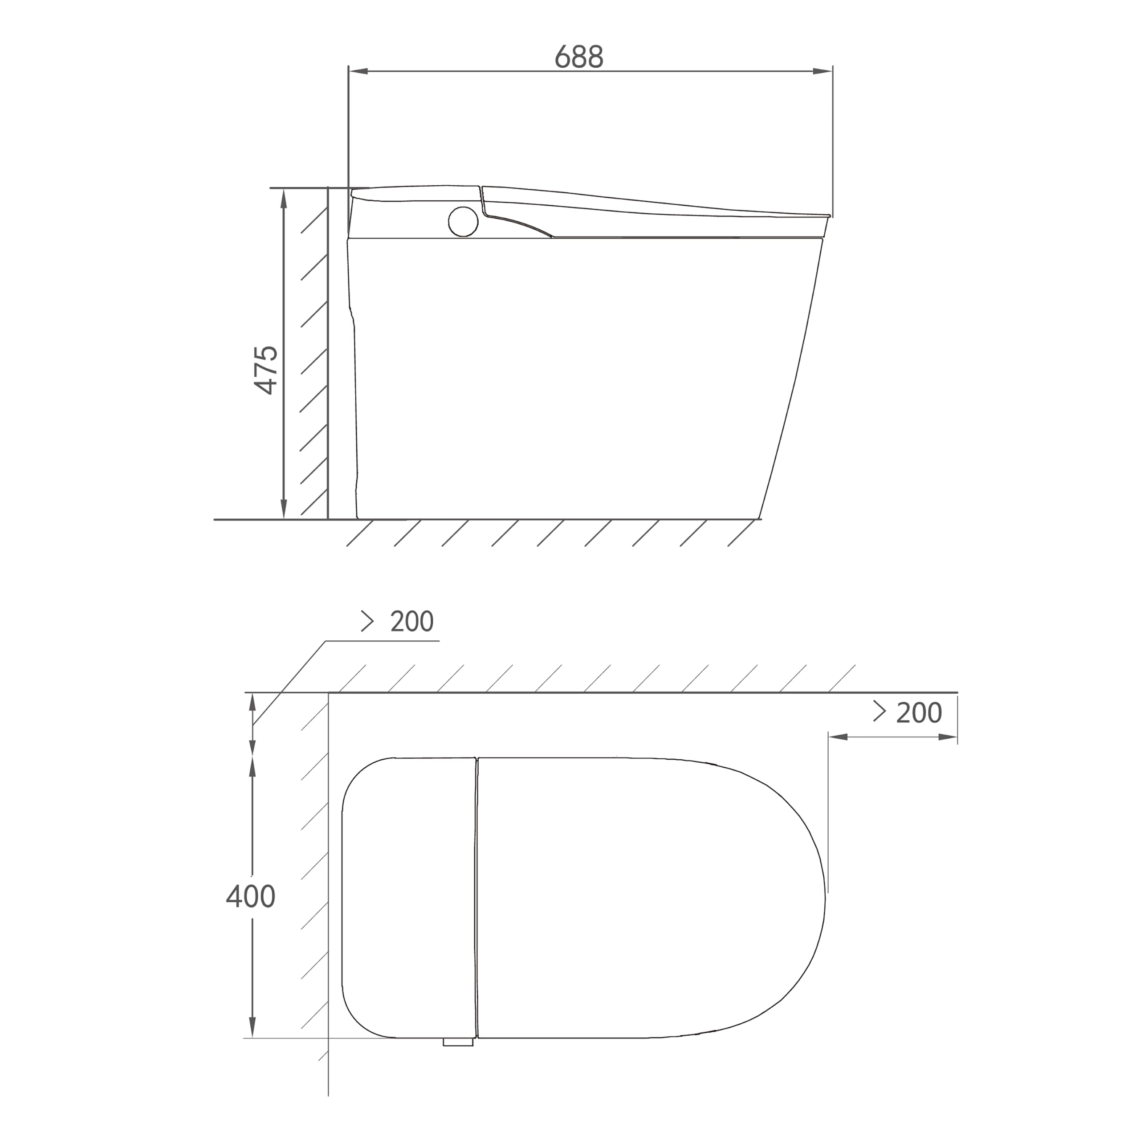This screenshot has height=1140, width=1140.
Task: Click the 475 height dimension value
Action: (x=266, y=370)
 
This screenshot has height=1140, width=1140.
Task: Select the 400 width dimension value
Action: (x=251, y=896)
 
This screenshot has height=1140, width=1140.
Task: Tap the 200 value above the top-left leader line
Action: (x=412, y=621)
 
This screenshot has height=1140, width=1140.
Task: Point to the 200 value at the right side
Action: (x=919, y=713)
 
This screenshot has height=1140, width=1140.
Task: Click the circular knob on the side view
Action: (x=463, y=221)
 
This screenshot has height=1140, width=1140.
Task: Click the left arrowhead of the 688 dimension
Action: (x=358, y=71)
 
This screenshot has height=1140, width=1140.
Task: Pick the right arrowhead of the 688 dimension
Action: (x=822, y=71)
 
